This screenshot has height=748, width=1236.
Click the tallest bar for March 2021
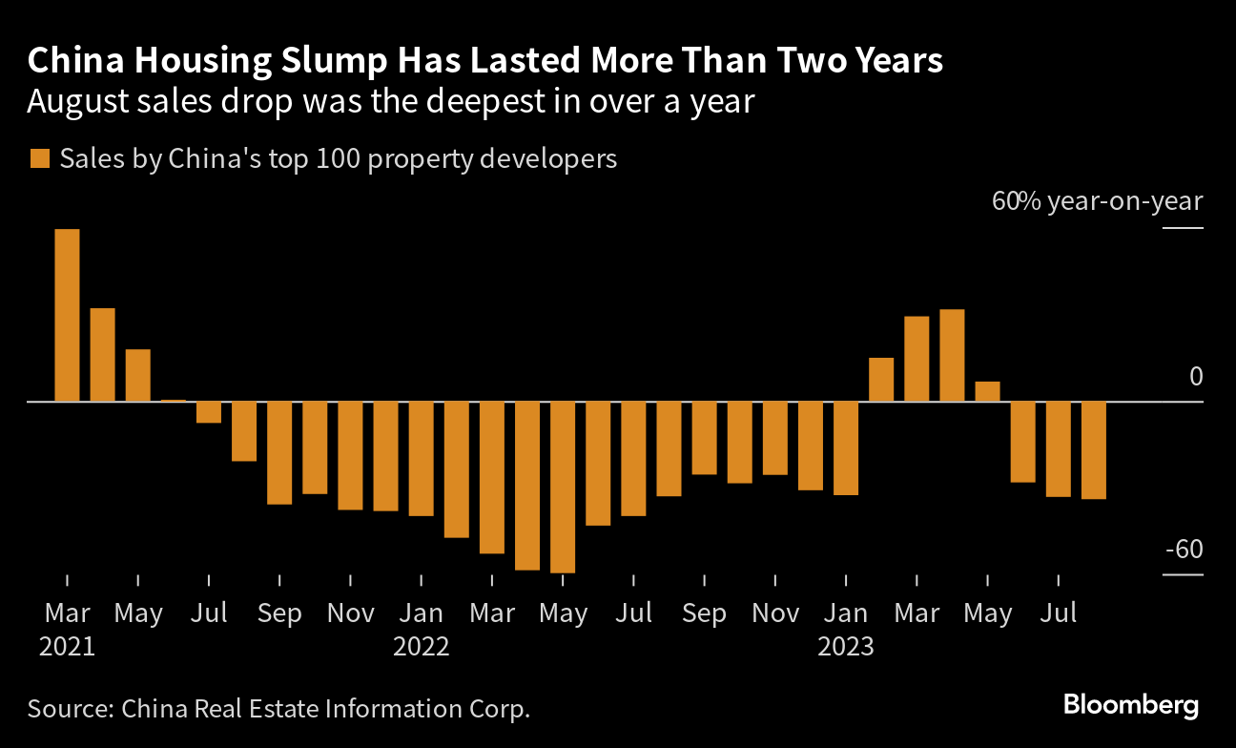click(x=67, y=315)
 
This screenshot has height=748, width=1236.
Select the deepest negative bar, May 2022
click(x=563, y=487)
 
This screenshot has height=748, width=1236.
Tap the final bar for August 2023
click(x=1094, y=449)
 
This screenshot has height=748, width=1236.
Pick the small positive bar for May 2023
click(x=987, y=391)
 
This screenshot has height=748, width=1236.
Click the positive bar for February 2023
click(x=881, y=380)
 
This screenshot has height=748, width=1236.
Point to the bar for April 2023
click(x=952, y=355)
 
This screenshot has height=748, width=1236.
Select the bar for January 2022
click(x=422, y=458)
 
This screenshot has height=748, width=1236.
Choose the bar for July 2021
click(x=209, y=411)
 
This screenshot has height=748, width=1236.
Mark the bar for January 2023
click(x=846, y=447)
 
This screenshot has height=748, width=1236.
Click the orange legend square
click(x=39, y=158)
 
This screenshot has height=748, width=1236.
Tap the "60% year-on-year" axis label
click(x=1098, y=202)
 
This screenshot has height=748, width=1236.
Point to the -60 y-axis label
click(x=1183, y=551)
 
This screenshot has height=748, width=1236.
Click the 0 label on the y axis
click(x=1196, y=377)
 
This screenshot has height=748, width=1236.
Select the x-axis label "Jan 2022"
click(x=422, y=629)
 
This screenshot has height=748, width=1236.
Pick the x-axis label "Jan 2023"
click(x=846, y=629)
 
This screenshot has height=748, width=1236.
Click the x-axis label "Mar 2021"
click(x=67, y=629)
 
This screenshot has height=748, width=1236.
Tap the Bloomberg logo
click(x=1131, y=706)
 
